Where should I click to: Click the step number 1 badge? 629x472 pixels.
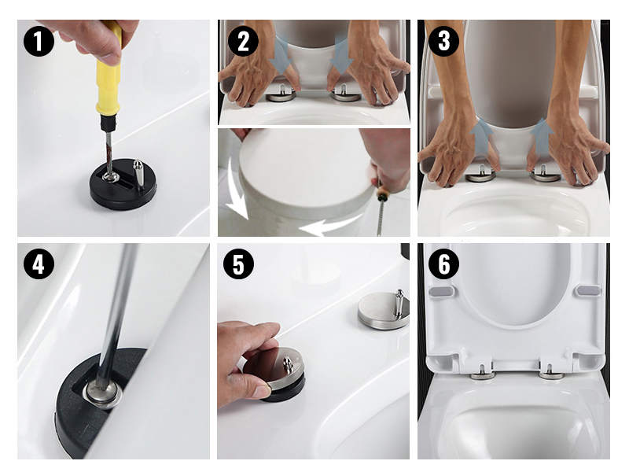click(x=39, y=41)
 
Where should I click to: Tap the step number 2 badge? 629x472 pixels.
click(x=243, y=41)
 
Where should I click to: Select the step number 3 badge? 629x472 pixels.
click(x=443, y=41)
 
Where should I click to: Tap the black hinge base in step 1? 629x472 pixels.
click(x=123, y=184)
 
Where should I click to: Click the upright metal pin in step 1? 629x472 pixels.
click(x=138, y=174)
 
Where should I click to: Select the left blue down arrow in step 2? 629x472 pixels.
click(x=283, y=55)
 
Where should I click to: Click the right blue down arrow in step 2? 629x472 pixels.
click(x=341, y=55)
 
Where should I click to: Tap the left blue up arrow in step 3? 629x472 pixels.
click(x=481, y=138)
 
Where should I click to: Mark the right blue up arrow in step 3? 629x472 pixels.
click(x=542, y=138)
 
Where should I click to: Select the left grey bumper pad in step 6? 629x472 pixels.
click(x=441, y=291)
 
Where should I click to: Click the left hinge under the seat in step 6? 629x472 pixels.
click(x=483, y=373)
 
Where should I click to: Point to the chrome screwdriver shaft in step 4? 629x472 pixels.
click(x=116, y=309)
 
